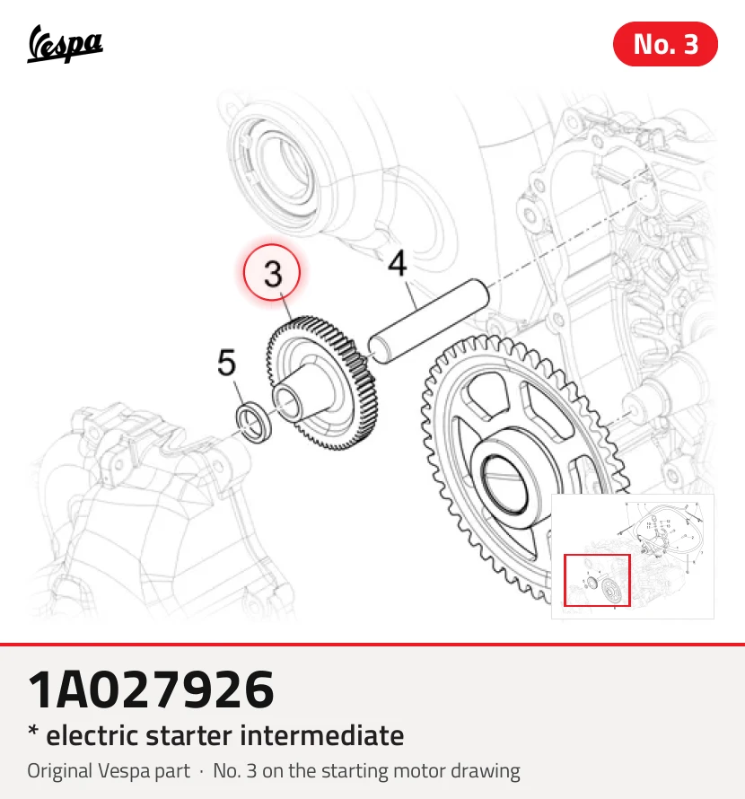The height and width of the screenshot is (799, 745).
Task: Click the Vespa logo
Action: coord(65,44)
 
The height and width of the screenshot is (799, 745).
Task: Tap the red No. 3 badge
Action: coord(665,44)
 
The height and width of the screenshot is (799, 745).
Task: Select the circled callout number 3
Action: coord(272,273)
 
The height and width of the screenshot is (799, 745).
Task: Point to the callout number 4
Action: coord(397,263)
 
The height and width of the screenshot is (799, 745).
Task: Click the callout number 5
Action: coord(227,363)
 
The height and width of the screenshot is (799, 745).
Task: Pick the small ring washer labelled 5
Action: coord(254,421)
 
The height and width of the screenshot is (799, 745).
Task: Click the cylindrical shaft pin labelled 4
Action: coord(428,320)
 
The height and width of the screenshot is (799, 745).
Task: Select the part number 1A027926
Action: coord(151,689)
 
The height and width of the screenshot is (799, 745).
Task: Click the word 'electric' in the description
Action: coord(92,736)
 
